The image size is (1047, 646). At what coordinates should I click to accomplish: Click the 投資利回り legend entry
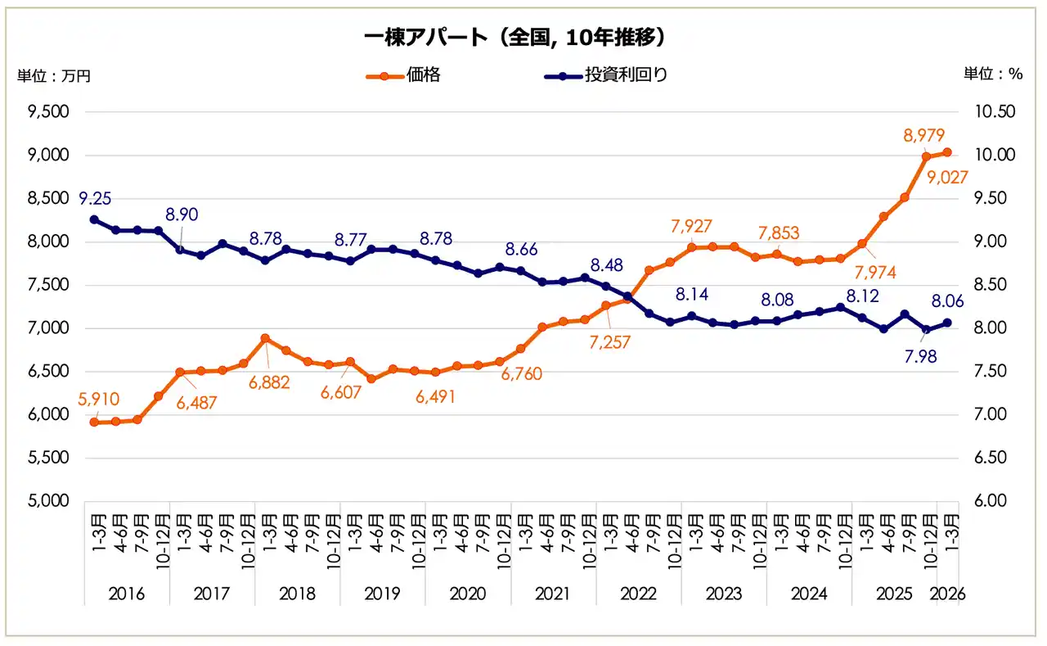(626, 76)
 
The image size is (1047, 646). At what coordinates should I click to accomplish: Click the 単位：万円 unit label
(54, 76)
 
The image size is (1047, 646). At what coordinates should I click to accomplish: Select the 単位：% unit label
(993, 74)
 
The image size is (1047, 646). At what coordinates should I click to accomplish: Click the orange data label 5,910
(99, 400)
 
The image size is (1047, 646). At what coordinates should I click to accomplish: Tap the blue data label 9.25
(95, 198)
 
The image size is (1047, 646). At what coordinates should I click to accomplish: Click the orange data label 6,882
(268, 382)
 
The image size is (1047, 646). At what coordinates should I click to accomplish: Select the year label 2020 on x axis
(467, 594)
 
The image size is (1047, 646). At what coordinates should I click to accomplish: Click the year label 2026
(948, 594)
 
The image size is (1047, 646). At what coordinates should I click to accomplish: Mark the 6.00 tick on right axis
(995, 501)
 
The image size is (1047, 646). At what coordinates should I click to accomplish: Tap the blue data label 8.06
(946, 301)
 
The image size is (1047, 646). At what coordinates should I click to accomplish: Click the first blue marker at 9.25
(94, 219)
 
